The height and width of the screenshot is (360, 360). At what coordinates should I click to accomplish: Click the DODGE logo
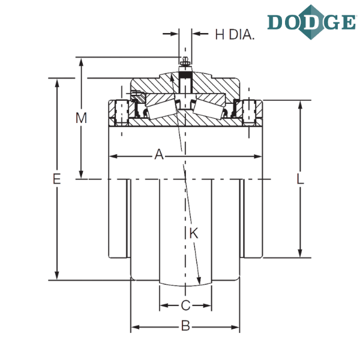coord(311,22)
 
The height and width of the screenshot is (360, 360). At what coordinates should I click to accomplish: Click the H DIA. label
coord(235,35)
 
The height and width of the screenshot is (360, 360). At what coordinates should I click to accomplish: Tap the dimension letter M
coord(81,118)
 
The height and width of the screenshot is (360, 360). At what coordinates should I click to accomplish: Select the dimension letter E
coord(57,179)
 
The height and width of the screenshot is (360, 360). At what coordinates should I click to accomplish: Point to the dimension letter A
coord(159,154)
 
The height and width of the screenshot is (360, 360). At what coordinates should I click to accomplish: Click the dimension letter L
coord(300,179)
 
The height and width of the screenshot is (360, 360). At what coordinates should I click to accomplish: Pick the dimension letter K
coord(194,233)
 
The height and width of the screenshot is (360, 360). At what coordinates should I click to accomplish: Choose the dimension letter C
coord(185,305)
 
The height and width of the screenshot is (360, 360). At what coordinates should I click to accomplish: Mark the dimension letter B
coord(185,326)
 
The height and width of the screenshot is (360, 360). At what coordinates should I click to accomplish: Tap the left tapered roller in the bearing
coord(161,109)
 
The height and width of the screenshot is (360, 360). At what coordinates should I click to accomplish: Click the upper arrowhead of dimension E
coord(57,83)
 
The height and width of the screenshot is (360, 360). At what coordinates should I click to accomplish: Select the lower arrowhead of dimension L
coord(300,253)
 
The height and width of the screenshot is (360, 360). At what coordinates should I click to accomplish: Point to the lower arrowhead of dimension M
coord(81,174)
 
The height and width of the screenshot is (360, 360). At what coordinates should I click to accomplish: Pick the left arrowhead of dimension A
coord(113,157)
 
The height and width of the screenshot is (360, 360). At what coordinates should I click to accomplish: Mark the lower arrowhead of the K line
coord(199,280)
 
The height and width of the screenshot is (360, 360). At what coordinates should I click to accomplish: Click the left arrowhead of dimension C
coord(164,305)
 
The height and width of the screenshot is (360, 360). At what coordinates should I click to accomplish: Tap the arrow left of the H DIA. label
coord(170,34)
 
